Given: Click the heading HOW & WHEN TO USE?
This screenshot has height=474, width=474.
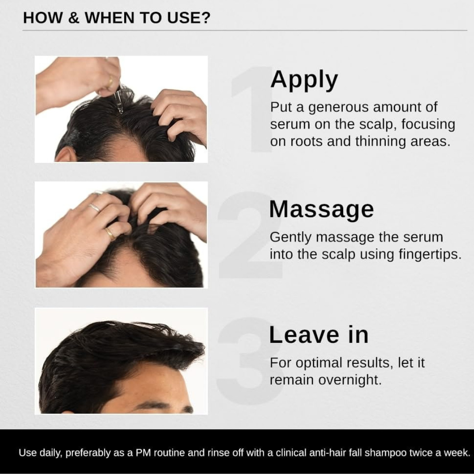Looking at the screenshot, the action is click(117, 18).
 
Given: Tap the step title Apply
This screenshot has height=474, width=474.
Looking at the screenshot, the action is click(304, 80).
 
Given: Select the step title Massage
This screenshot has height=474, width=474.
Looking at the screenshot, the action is click(321, 209).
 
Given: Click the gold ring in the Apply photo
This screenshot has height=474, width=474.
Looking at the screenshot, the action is click(110, 81).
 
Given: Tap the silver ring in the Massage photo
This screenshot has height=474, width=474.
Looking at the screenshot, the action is click(94, 208).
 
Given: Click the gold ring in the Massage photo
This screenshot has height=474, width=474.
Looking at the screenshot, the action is click(110, 233).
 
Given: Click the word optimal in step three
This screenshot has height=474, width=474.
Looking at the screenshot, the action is click(318, 363).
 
